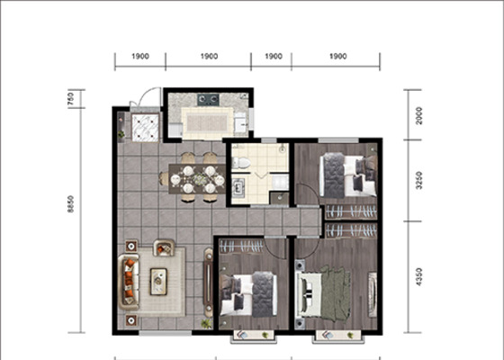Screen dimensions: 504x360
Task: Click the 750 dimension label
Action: (71, 99)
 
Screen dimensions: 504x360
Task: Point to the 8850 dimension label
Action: (71, 204)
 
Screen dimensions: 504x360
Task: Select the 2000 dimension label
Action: (418, 116)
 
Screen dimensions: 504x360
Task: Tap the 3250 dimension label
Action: (418, 181)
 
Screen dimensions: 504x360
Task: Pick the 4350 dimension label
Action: (418, 277)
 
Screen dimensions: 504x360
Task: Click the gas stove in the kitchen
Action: (208, 100)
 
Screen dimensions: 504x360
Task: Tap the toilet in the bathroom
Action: (241, 163)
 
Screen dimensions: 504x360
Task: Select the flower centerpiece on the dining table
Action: (200, 180)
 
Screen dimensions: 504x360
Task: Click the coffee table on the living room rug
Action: (158, 282)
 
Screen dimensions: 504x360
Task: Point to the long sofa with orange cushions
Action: (129, 282)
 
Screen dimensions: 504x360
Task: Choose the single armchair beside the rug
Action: (164, 247)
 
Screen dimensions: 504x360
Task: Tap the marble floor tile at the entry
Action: (146, 128)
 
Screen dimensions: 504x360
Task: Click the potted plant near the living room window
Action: (206, 324)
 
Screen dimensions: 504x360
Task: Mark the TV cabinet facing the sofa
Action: (208, 283)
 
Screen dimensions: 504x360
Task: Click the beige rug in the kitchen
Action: (207, 122)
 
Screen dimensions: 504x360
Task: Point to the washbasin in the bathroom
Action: (238, 187)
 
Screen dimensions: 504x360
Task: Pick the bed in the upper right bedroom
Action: (348, 175)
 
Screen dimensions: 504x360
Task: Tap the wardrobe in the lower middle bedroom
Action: (241, 247)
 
